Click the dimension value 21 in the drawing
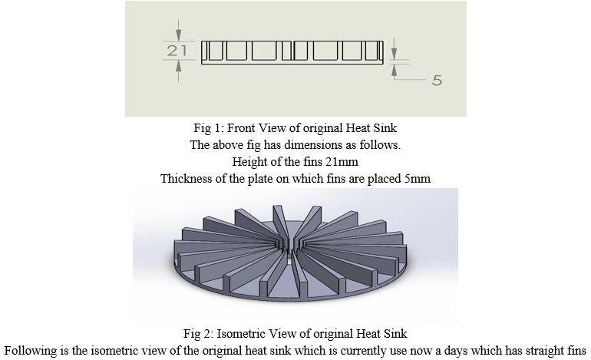point(177,50)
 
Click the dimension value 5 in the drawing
point(437,81)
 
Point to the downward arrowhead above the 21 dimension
point(179,35)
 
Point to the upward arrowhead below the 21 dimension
point(179,66)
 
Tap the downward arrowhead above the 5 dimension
point(395,54)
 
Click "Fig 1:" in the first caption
point(209,128)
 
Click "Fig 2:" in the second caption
point(198,334)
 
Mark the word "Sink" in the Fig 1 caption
point(385,127)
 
